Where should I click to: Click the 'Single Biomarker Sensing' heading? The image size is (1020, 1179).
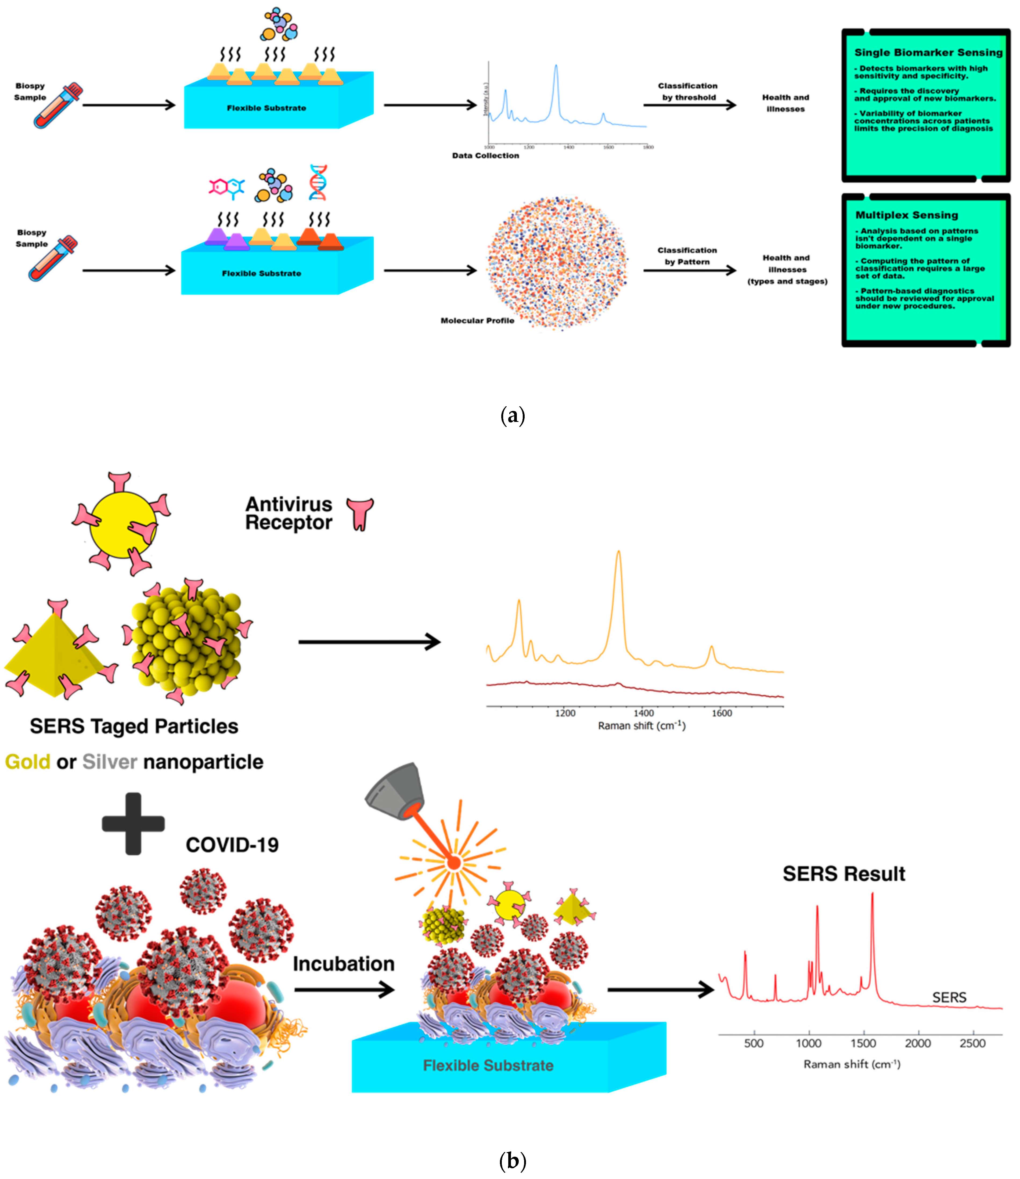pos(928,52)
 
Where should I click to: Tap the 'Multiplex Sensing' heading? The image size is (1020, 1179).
pos(906,215)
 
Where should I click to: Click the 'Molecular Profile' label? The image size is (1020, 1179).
pos(477,320)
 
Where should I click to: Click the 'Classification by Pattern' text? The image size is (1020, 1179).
pos(687,256)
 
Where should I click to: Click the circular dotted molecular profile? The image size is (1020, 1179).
pos(557,263)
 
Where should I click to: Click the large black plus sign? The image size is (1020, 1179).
pos(133,823)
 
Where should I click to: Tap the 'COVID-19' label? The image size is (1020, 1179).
pos(232,844)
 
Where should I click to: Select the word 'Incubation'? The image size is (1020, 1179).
pos(343,963)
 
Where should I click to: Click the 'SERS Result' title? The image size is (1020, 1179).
pos(844,873)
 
